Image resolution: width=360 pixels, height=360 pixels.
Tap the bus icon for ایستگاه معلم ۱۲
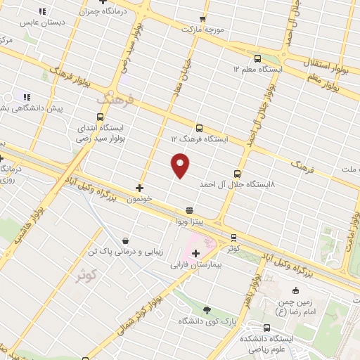coord(257,59)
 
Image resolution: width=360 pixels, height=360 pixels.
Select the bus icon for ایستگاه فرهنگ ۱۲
coord(200,128)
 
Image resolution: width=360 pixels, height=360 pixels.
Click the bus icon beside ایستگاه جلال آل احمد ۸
coord(236,173)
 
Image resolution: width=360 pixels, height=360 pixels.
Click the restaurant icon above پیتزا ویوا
coord(188,210)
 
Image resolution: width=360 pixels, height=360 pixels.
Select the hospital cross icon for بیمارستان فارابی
coord(195,252)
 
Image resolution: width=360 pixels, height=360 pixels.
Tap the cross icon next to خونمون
coord(139,188)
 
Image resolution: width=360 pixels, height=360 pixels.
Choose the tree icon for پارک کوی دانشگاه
coord(206,309)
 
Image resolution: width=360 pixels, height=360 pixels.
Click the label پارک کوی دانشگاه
coord(205,321)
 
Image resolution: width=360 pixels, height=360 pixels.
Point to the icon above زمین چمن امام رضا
coord(295,291)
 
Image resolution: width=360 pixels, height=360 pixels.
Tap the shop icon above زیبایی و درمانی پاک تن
coord(125,240)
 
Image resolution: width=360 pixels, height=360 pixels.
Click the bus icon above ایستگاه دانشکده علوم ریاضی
coord(267,327)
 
